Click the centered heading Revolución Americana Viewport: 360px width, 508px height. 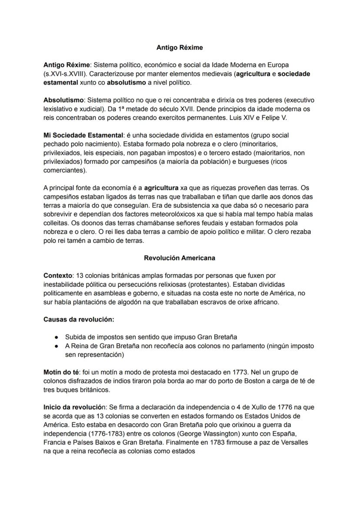click(180, 258)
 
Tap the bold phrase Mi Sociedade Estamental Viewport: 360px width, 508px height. click(83, 135)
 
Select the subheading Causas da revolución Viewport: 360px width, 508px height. click(79, 319)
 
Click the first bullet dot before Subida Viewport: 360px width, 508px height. click(57, 337)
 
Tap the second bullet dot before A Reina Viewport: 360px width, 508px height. click(57, 346)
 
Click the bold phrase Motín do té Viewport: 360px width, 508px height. click(61, 372)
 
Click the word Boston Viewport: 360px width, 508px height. click(231, 381)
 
